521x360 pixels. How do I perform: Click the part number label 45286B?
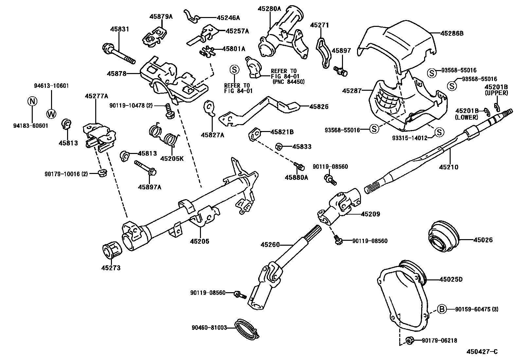[452, 33]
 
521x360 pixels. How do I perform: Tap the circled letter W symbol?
[51, 114]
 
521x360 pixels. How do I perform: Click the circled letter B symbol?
[442, 309]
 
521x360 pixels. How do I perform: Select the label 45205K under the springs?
[172, 159]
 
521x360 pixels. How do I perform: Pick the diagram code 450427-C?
[482, 352]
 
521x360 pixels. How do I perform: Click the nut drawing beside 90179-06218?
[409, 341]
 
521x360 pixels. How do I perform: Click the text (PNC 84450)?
[288, 82]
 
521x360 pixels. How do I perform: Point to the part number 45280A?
[269, 9]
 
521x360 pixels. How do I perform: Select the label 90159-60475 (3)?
[476, 309]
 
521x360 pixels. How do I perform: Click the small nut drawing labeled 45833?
[279, 146]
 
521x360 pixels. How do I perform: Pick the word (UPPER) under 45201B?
[496, 93]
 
